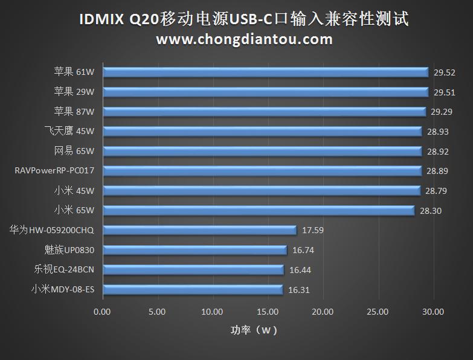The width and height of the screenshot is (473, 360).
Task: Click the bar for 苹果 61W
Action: coord(266,72)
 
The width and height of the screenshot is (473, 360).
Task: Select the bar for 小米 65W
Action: coord(259,210)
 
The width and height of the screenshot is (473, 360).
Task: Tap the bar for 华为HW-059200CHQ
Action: coord(199,230)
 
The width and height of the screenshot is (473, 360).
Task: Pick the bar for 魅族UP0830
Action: coord(195,250)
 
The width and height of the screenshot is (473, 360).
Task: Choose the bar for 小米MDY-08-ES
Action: coord(193,290)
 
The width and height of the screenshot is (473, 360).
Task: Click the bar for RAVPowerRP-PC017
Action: coord(262,171)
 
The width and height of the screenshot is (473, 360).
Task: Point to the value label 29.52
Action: coord(444,72)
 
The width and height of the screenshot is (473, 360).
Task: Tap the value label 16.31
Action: coord(299,290)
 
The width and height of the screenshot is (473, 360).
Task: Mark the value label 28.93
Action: coord(437,131)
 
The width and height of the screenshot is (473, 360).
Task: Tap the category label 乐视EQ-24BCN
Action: coord(63,270)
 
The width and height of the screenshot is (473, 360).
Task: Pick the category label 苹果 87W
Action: coord(74,111)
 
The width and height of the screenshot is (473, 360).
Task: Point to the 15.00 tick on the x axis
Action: coord(268,312)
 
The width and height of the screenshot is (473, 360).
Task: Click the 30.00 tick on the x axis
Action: coord(433,312)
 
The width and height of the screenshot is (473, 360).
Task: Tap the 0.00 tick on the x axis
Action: coord(103,312)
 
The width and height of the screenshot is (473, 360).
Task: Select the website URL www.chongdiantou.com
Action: coord(244,39)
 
